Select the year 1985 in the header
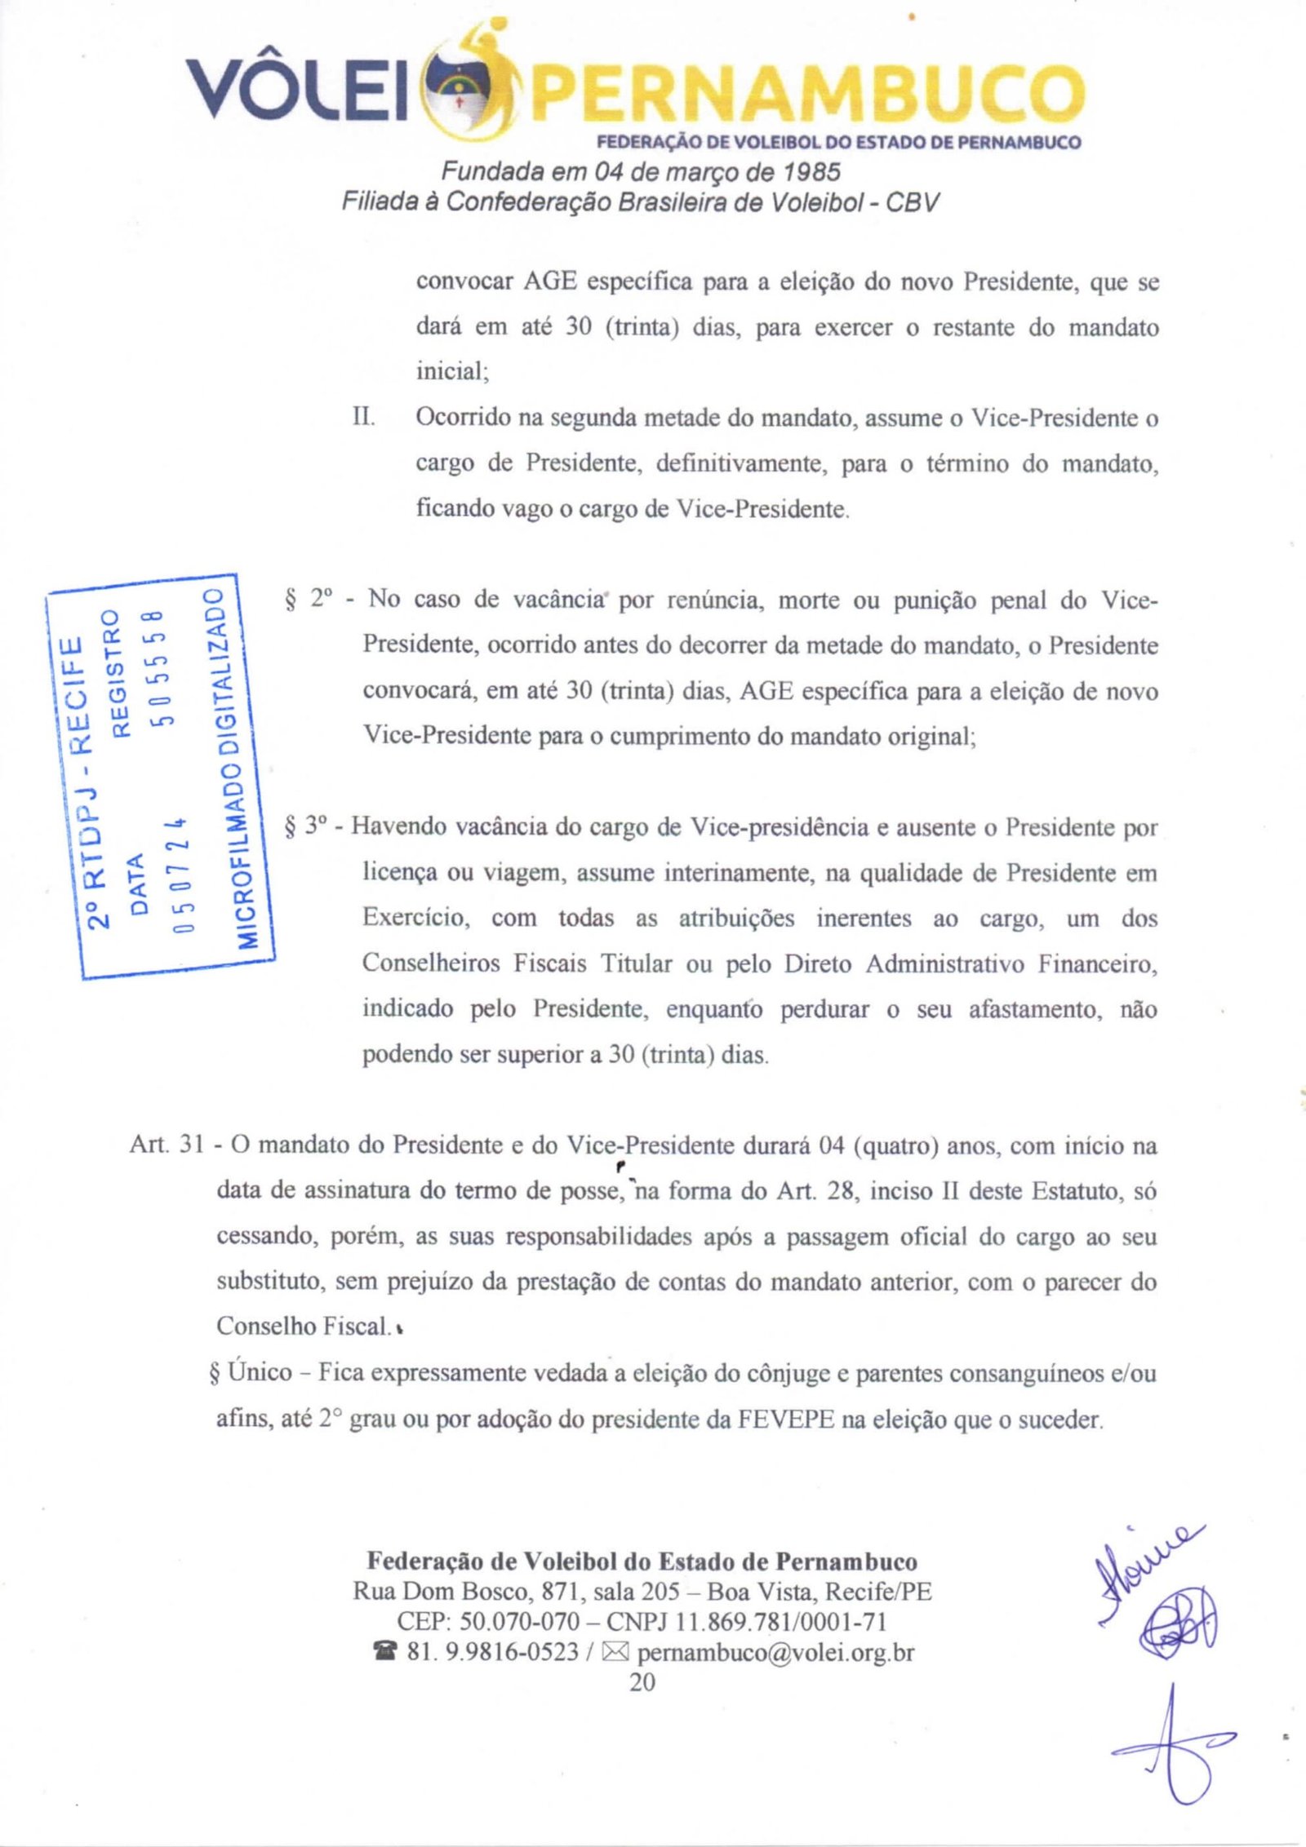pyautogui.click(x=811, y=172)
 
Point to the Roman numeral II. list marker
pyautogui.click(x=363, y=418)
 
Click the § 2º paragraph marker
pyautogui.click(x=310, y=600)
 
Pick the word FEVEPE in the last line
pyautogui.click(x=786, y=1420)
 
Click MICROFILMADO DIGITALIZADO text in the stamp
pyautogui.click(x=229, y=768)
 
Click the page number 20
pyautogui.click(x=642, y=1682)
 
